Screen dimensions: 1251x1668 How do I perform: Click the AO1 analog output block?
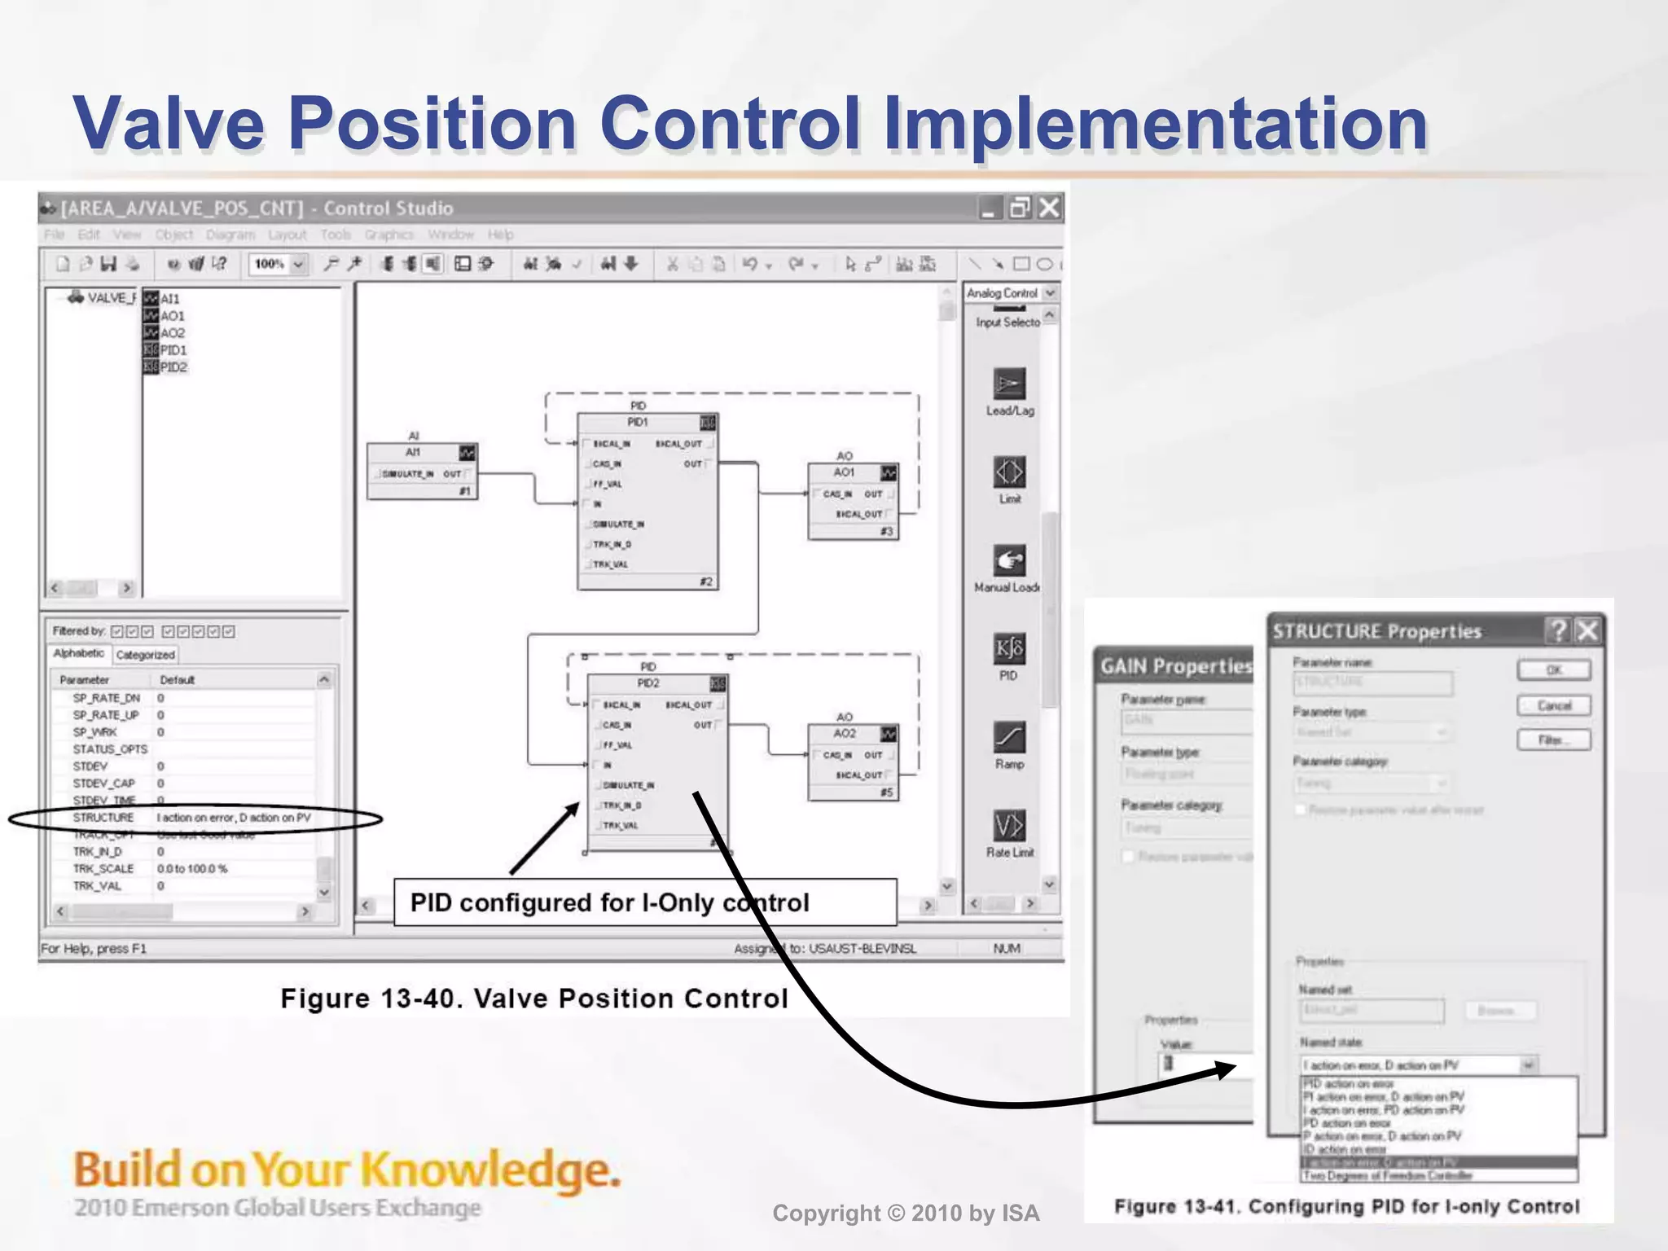(853, 501)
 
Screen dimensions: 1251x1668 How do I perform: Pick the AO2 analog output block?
(853, 762)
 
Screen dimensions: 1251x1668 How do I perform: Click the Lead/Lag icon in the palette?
(1009, 384)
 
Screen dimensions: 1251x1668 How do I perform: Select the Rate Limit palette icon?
(1009, 826)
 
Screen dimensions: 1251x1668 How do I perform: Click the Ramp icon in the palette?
(1009, 738)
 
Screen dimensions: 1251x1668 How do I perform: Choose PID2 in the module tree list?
(173, 367)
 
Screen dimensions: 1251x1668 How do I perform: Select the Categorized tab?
(145, 655)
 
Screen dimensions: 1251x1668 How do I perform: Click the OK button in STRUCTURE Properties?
(1553, 670)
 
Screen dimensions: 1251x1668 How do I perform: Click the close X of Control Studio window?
(1050, 208)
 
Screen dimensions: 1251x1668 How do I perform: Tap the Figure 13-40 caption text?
(533, 999)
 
